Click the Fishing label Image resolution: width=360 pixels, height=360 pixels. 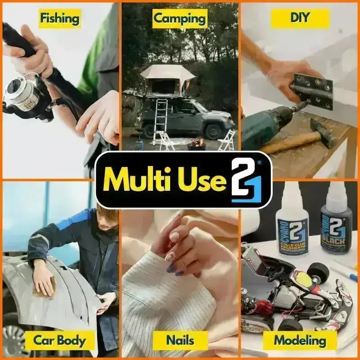pos(59,18)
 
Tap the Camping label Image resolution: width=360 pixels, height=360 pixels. pos(180,18)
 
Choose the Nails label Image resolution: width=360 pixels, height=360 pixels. pos(180,340)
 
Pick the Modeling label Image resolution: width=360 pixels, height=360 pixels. pos(300,340)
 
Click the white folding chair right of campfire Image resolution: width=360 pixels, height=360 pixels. pos(228,140)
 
